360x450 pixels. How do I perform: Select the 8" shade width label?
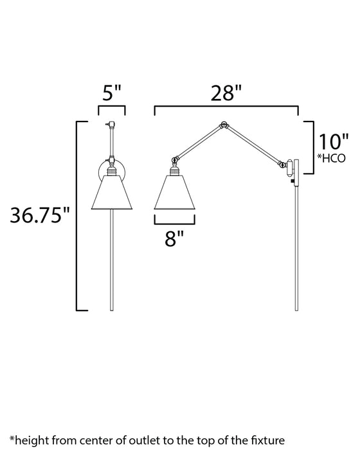[174, 239]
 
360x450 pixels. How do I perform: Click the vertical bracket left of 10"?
[314, 147]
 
